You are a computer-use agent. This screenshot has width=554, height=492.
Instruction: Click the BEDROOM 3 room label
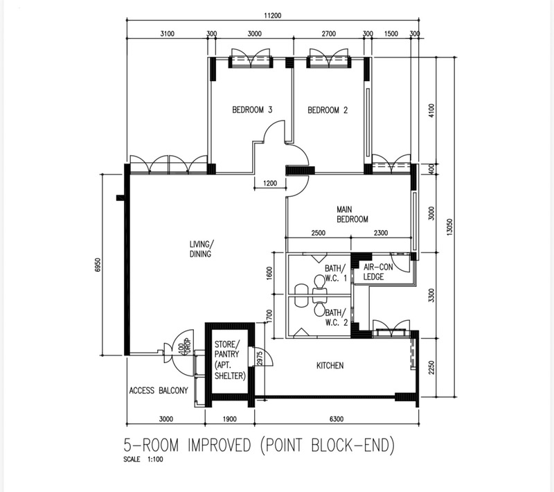pos(252,110)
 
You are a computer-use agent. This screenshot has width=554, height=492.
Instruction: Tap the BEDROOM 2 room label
pos(328,110)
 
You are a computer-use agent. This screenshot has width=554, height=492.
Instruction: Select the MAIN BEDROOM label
pos(352,215)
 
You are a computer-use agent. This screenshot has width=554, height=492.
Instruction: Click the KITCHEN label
pos(330,365)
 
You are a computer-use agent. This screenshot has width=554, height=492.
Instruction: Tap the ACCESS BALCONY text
pos(159,391)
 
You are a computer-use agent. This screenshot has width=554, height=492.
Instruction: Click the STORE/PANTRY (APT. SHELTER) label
pos(230,360)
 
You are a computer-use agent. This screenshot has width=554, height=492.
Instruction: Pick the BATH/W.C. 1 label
pos(336,273)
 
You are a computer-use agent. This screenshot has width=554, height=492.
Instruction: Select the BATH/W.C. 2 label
pos(337,317)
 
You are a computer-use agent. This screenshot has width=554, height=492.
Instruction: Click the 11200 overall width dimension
pos(273,15)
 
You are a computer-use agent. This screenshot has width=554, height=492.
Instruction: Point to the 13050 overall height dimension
pos(449,227)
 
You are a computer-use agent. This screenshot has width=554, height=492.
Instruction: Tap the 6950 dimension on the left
pos(98,265)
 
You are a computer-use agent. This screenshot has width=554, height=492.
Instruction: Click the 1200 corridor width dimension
pos(270,183)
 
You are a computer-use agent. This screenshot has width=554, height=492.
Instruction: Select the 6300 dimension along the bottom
pos(337,419)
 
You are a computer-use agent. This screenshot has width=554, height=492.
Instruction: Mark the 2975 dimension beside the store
pos(260,358)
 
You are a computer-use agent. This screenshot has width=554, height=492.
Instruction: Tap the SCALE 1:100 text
pos(143,459)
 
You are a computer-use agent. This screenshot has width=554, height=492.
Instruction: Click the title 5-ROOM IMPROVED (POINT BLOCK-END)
pos(258,445)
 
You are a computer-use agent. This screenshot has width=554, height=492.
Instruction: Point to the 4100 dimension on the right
pos(431,111)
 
